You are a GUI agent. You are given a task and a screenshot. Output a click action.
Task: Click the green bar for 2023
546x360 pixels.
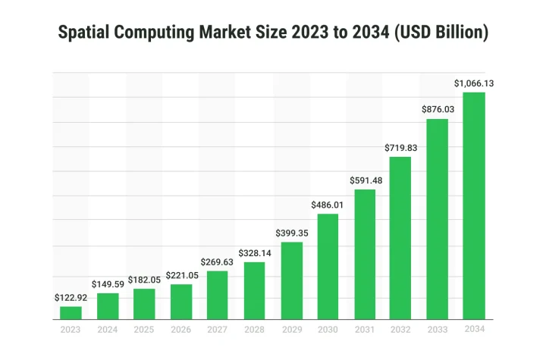[x=71, y=312]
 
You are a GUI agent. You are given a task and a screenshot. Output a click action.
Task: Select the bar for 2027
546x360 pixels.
[x=217, y=295]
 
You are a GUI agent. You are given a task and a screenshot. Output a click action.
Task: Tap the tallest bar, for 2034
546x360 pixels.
[x=474, y=205]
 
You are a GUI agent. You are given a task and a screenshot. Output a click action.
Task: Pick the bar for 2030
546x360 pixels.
[x=328, y=266]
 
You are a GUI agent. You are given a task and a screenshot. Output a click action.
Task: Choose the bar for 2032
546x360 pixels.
[x=400, y=238]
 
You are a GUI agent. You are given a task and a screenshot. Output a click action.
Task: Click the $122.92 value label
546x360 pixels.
[x=71, y=298]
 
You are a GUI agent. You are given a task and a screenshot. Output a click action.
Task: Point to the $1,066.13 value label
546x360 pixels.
[x=474, y=83]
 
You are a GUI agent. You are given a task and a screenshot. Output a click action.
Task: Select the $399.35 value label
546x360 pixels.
[x=291, y=233]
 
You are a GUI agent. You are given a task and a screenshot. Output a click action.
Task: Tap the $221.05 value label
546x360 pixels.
[x=180, y=275]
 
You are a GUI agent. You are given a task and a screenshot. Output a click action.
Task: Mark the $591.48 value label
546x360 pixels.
[x=365, y=180]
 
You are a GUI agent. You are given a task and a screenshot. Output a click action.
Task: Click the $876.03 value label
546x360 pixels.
[x=438, y=110]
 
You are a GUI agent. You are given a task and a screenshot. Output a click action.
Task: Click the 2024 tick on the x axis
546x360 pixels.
[x=108, y=329]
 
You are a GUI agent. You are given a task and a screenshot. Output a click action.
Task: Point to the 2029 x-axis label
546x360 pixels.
[x=291, y=329]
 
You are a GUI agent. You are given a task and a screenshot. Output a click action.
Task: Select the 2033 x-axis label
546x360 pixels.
[x=438, y=329]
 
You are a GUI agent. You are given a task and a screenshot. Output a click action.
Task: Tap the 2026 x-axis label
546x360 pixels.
[x=180, y=329]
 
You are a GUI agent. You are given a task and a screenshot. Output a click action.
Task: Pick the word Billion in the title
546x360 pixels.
[x=459, y=33]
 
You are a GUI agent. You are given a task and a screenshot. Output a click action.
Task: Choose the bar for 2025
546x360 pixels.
[x=144, y=304]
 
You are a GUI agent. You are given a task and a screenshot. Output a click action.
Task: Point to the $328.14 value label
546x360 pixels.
[x=254, y=253]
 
